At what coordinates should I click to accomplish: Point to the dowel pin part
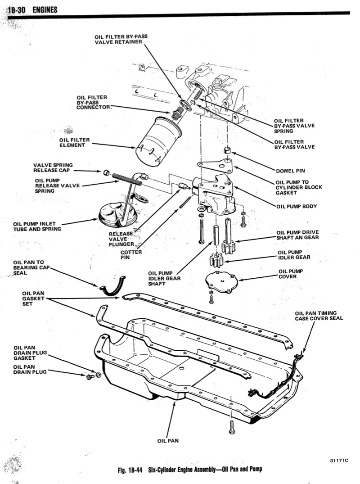tap(228, 150)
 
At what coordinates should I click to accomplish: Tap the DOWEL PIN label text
tap(290, 171)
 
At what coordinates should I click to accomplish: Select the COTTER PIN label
tap(131, 255)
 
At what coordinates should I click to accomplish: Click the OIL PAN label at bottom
tap(168, 440)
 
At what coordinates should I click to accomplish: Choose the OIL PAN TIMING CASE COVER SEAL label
tap(319, 316)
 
